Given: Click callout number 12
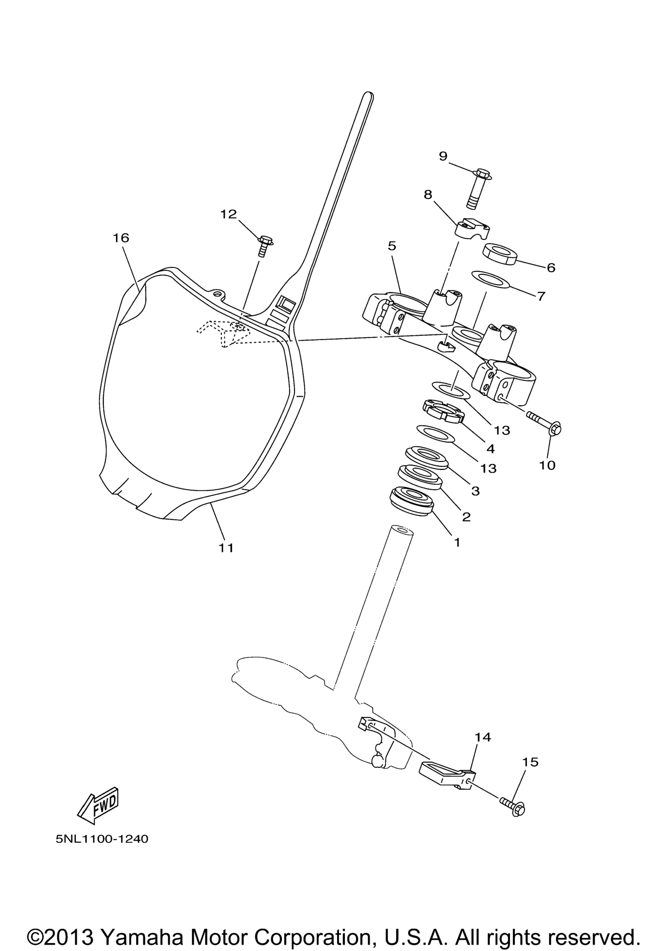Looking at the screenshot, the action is [228, 214].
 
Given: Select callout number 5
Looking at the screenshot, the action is [392, 246].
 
